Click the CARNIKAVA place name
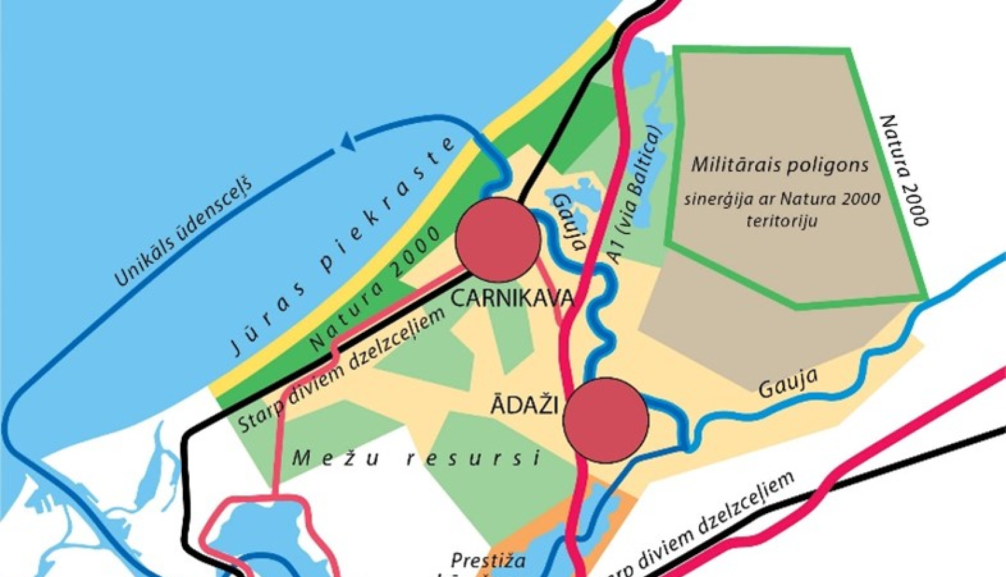512,298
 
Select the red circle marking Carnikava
498,240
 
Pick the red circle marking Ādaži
606,420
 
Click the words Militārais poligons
780,165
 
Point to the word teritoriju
781,221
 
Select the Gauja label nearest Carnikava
569,221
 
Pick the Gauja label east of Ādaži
788,382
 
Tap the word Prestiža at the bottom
488,560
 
